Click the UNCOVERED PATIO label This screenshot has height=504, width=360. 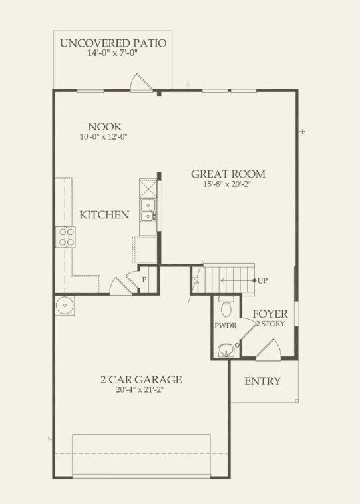tap(112, 44)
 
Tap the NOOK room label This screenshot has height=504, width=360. tap(105, 126)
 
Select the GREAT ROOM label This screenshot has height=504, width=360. tap(228, 174)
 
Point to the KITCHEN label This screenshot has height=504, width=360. tap(104, 215)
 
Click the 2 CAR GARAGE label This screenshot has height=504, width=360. tap(141, 379)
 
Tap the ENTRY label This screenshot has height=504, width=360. tap(262, 381)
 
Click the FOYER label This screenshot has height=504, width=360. tap(270, 313)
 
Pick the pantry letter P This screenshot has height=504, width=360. tap(144, 280)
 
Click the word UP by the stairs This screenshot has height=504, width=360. tap(263, 280)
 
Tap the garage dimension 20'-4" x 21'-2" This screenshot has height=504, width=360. tap(141, 390)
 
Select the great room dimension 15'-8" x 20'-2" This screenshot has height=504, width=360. tap(228, 184)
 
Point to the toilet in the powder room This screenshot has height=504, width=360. tap(225, 306)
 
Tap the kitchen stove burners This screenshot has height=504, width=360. tap(66, 236)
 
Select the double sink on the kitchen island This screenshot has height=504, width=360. tap(147, 208)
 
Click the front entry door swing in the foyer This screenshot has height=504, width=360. tap(268, 349)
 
